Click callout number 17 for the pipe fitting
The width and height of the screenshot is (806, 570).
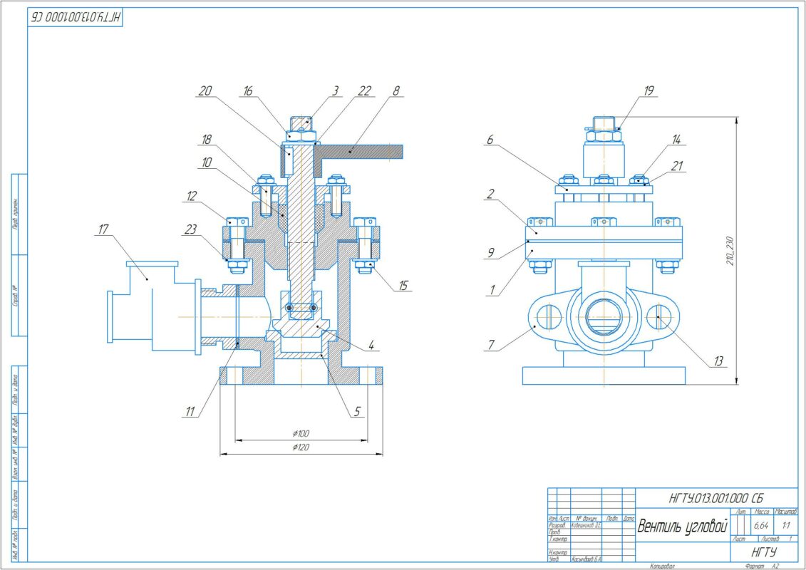coord(104,229)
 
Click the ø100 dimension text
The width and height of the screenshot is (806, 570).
coord(300,432)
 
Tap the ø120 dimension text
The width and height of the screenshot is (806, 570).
coord(300,447)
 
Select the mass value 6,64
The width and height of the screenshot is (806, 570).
coord(761,526)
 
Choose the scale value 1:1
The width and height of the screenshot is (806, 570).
coord(786,526)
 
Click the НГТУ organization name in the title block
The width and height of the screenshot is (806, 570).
coord(764,553)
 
